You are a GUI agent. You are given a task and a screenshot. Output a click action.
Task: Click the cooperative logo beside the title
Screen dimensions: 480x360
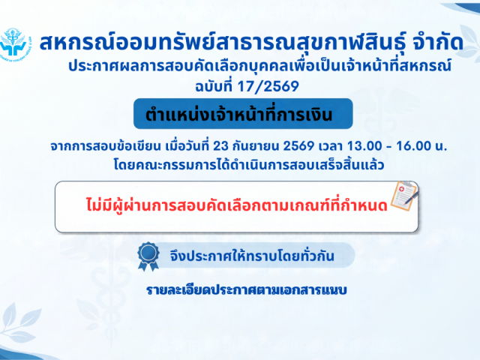[x=15, y=43]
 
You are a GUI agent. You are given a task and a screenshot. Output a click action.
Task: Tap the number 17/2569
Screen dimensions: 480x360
[x=268, y=86]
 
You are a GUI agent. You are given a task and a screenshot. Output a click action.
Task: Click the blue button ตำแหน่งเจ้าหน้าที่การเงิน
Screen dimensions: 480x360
[x=243, y=113]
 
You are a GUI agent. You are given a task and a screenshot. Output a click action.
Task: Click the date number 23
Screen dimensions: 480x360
[x=220, y=146]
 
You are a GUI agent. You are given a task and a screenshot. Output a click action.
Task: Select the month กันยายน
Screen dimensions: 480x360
[x=256, y=146]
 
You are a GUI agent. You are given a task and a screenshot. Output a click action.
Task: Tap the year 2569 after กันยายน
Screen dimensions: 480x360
[x=298, y=146]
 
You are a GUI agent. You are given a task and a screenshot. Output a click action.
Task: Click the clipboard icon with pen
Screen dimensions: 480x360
[x=405, y=196]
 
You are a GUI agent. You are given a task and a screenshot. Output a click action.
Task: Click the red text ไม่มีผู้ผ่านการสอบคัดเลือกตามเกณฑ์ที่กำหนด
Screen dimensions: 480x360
[x=237, y=205]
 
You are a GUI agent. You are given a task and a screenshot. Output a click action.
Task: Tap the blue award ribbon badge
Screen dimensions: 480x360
[x=148, y=256]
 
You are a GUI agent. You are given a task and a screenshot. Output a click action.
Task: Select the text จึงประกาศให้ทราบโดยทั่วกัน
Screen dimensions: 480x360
[x=252, y=256]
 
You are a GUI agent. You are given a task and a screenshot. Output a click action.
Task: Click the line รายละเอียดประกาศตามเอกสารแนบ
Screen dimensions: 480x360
[x=247, y=290]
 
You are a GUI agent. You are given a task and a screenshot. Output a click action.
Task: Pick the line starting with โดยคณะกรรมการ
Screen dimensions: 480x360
[x=249, y=165]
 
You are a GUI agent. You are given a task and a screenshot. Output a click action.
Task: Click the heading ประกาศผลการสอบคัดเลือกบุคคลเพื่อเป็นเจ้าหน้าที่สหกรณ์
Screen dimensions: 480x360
[x=259, y=66]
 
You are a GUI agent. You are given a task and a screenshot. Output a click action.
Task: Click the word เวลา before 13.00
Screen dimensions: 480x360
[x=330, y=146]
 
